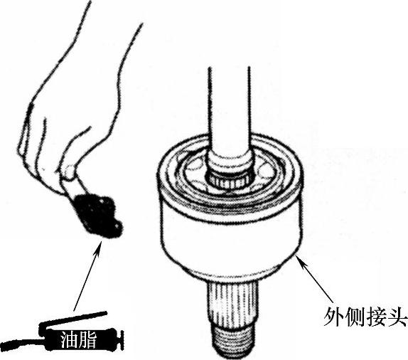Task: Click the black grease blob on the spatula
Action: coord(97,215)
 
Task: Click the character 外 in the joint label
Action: coord(333,317)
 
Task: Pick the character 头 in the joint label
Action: coord(397,317)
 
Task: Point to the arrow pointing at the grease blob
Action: coord(87,275)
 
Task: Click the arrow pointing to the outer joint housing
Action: coord(316,280)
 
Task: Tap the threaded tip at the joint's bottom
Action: coord(232,341)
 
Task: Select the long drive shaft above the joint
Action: coord(229,110)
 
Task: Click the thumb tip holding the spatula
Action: coord(69,171)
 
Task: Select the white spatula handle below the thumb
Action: coord(73,186)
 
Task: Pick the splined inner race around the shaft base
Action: coord(228,180)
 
